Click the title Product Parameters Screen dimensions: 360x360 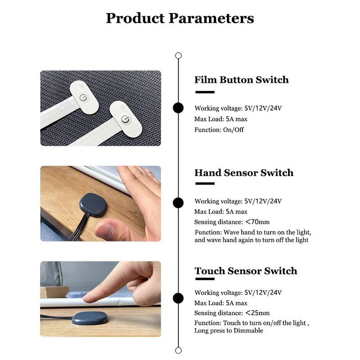180,18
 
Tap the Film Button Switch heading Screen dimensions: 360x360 242,80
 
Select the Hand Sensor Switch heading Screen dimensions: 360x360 244,173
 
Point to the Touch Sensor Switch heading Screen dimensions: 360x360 246,271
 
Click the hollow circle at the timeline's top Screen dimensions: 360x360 178,55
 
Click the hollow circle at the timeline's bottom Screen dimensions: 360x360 178,351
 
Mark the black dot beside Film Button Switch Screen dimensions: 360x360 178,108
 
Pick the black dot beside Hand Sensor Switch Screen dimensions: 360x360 178,203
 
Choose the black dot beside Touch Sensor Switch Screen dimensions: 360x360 178,298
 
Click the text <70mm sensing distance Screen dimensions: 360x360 257,222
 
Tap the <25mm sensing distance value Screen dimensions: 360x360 257,313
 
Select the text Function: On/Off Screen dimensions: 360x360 219,130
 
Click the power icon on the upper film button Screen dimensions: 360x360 83,98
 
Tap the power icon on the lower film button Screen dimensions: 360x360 125,119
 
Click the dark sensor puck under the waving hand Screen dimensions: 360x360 93,205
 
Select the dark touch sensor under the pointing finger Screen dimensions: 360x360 90,318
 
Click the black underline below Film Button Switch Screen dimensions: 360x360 205,92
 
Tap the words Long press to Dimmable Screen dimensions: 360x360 229,330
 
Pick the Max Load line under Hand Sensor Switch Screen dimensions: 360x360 220,211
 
